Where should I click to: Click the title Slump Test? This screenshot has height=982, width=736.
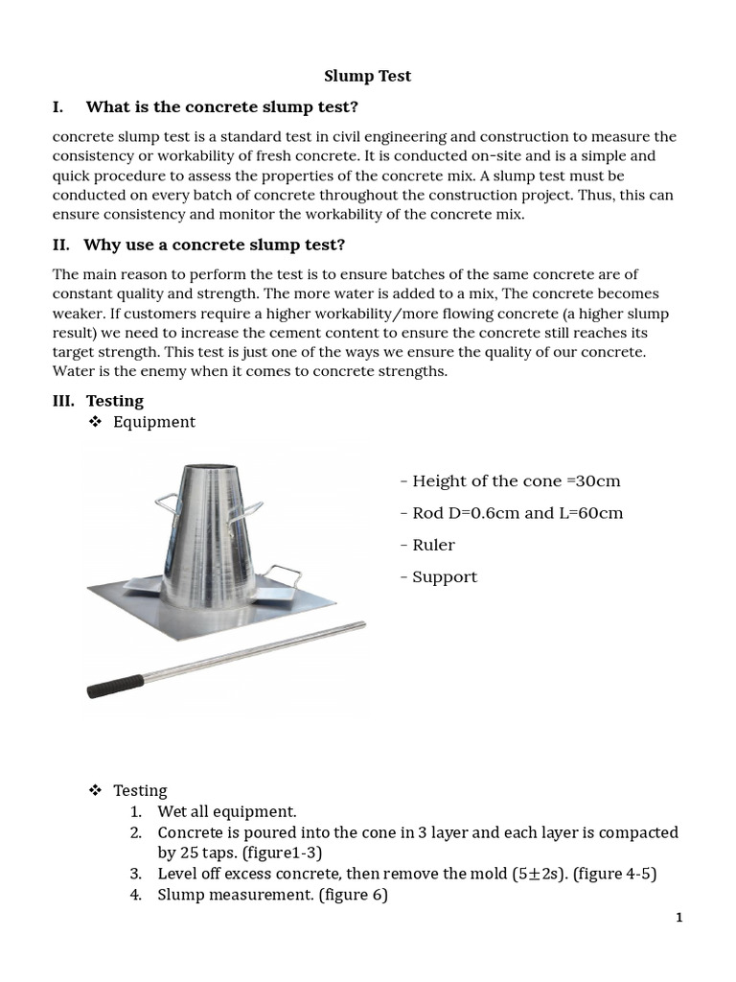[367, 76]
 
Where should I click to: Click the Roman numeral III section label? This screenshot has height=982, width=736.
[63, 401]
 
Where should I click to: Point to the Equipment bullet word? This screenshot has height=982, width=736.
[153, 422]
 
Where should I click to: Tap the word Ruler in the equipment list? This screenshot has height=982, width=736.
[433, 545]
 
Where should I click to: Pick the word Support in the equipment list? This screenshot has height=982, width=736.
[444, 577]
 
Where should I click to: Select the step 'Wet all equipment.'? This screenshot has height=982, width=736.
[227, 811]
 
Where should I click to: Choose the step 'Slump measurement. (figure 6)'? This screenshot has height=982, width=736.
[272, 896]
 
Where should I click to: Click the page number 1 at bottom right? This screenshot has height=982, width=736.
[678, 918]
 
